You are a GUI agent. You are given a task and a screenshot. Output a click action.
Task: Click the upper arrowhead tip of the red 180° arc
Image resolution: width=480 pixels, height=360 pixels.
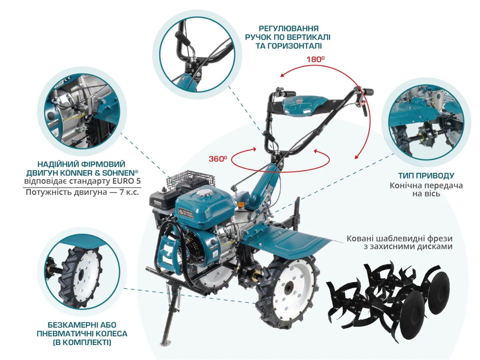(281, 76)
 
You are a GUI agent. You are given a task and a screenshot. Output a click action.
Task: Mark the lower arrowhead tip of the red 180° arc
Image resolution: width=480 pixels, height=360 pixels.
(355, 158)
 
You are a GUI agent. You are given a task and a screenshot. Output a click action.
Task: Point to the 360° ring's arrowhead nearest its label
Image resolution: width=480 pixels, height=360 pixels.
(256, 149)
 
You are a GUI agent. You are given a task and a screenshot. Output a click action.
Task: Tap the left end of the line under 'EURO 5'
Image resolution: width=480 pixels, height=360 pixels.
(23, 187)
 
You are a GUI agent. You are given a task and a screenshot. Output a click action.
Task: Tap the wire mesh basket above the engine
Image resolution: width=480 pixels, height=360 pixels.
(188, 179)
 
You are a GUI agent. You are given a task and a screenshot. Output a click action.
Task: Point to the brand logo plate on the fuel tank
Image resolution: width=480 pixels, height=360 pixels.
(186, 212)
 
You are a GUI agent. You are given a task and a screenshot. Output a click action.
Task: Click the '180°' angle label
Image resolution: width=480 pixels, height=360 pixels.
(315, 59)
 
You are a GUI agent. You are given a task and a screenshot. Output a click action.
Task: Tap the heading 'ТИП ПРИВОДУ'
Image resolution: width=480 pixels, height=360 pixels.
(426, 176)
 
